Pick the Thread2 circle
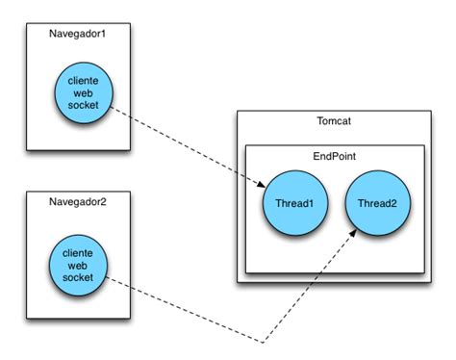[x=377, y=204]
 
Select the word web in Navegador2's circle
[x=77, y=264]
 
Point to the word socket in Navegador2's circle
[x=77, y=277]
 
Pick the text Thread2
[x=377, y=204]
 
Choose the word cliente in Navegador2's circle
[x=77, y=250]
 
